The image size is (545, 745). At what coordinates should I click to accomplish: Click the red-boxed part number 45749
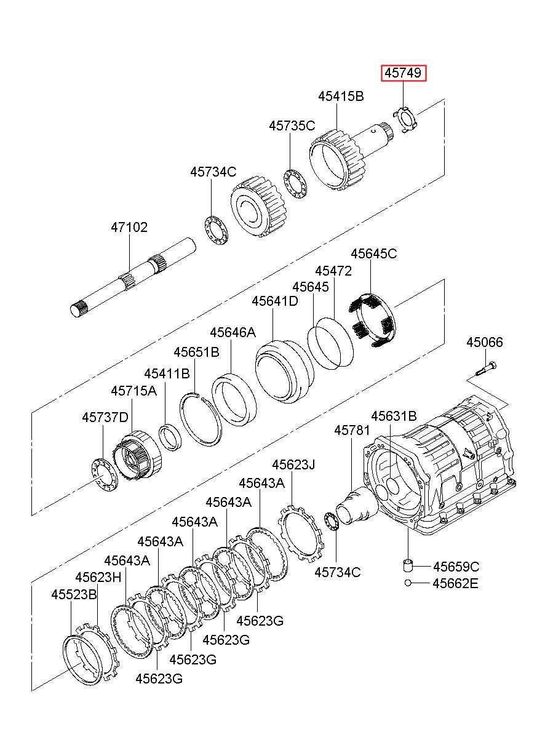[403, 73]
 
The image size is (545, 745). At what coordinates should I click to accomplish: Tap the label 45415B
[341, 96]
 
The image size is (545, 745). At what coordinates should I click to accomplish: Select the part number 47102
[129, 227]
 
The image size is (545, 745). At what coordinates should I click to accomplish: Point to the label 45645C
[374, 253]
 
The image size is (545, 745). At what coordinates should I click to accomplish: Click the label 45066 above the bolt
[485, 342]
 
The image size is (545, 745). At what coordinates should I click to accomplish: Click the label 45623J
[293, 464]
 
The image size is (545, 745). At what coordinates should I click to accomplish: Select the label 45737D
[105, 417]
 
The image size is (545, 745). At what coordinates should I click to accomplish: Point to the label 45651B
[196, 353]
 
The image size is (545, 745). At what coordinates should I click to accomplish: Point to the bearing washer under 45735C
[295, 185]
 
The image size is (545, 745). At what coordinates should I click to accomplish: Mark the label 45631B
[394, 416]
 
